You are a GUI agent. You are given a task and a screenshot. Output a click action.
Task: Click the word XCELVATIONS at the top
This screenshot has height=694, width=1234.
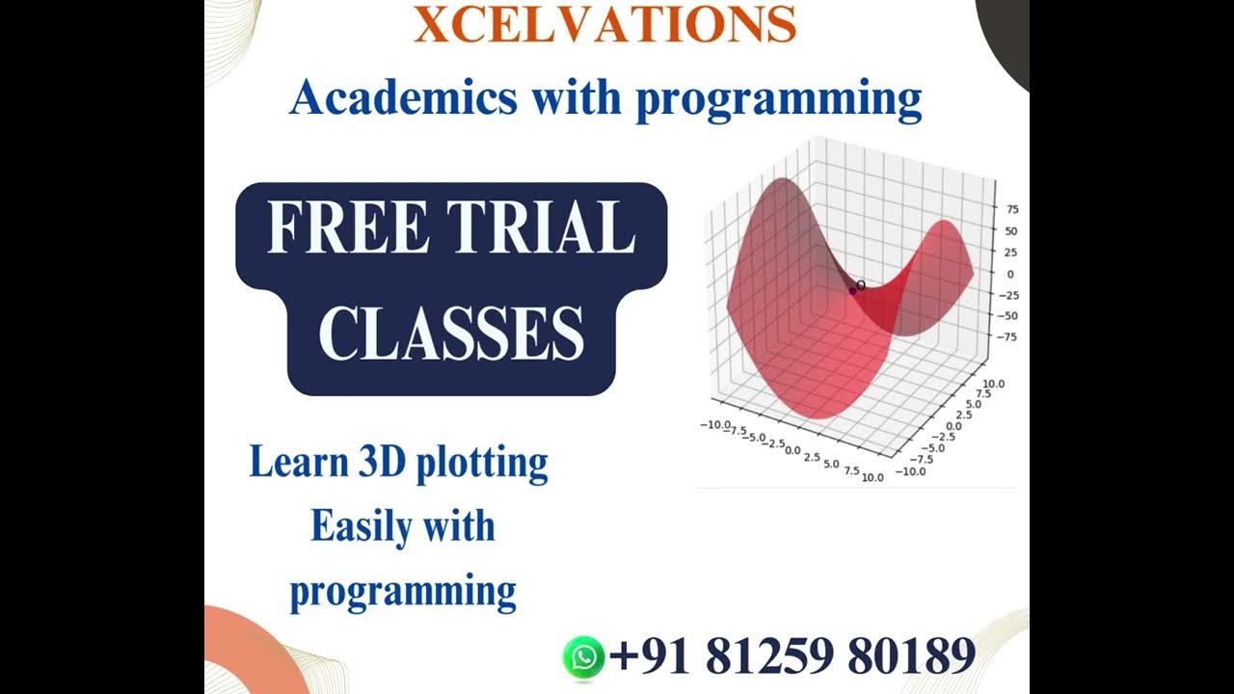605,25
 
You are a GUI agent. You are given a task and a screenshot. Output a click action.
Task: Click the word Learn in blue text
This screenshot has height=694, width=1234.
298,462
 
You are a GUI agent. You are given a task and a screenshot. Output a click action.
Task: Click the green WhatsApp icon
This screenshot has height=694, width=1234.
583,657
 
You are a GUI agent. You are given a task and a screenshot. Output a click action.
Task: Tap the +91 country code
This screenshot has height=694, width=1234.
652,656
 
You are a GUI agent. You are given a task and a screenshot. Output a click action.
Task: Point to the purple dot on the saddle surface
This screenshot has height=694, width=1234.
852,290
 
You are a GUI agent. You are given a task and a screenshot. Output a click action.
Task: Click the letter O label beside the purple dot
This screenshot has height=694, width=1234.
861,285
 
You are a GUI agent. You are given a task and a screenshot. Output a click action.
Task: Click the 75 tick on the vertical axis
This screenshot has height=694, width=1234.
1012,209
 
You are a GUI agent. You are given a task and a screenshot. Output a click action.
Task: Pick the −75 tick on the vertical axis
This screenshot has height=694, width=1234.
1007,337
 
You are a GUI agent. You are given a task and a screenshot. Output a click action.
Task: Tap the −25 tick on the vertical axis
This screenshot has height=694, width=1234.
1007,295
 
